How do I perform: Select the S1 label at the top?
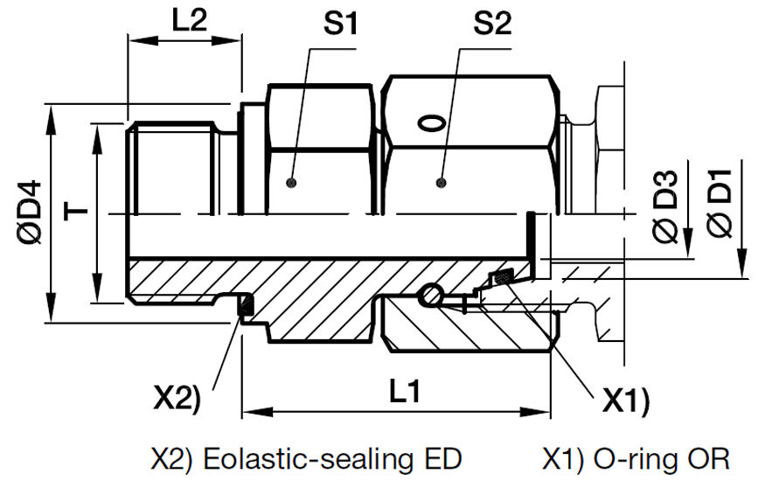click(x=342, y=24)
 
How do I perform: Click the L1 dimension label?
click(x=402, y=393)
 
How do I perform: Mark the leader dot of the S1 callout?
click(x=292, y=183)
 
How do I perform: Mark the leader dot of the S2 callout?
click(x=442, y=183)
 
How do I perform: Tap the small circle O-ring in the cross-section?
click(x=429, y=297)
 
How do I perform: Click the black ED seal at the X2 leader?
click(x=246, y=306)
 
